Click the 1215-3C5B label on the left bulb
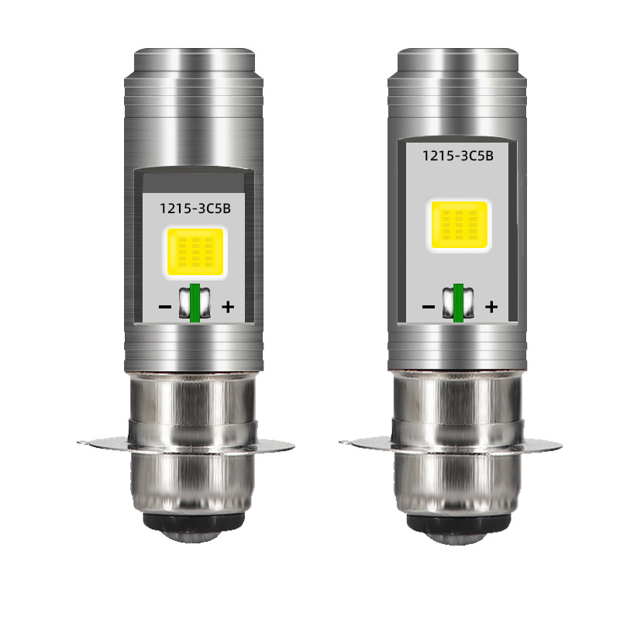click(x=195, y=208)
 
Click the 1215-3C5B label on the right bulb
click(x=458, y=156)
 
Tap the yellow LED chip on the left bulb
click(x=195, y=252)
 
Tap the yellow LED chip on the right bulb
click(x=459, y=225)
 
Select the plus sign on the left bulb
click(x=228, y=306)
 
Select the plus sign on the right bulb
click(x=491, y=306)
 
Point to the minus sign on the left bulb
click(x=164, y=306)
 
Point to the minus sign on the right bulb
click(x=429, y=306)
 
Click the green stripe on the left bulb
click(x=195, y=302)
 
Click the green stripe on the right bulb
click(x=458, y=302)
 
